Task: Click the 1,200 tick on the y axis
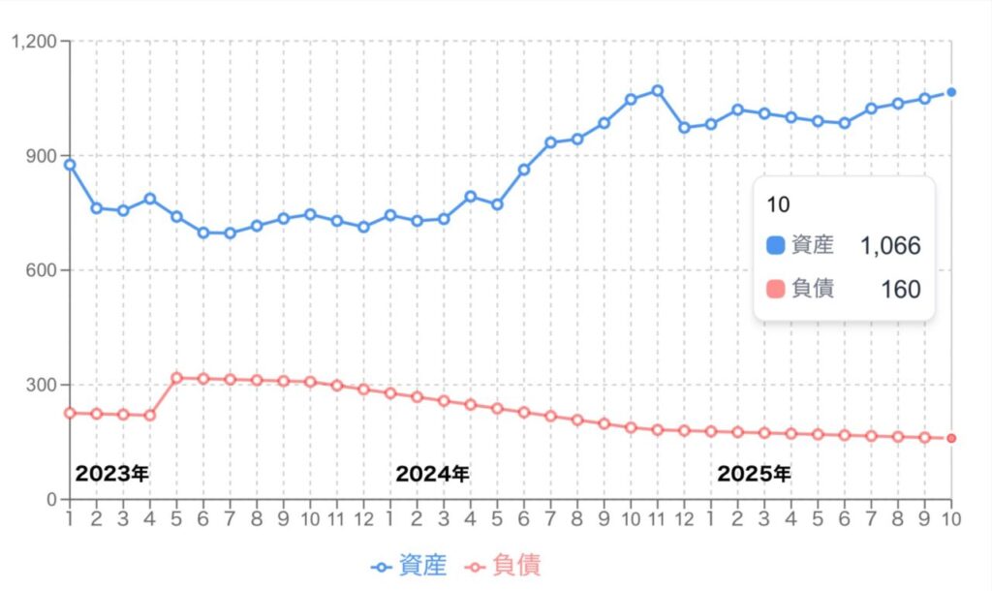pyautogui.click(x=34, y=42)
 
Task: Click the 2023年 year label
pyautogui.click(x=112, y=474)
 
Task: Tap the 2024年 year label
pyautogui.click(x=432, y=474)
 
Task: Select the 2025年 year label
pyautogui.click(x=754, y=474)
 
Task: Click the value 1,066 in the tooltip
pyautogui.click(x=890, y=246)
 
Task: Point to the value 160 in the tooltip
pyautogui.click(x=901, y=289)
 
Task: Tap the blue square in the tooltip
pyautogui.click(x=774, y=246)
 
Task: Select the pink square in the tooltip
pyautogui.click(x=774, y=289)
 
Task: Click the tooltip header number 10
pyautogui.click(x=776, y=204)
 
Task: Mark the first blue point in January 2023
pyautogui.click(x=70, y=165)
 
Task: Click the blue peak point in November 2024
pyautogui.click(x=657, y=91)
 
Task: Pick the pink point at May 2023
pyautogui.click(x=176, y=378)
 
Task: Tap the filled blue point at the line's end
pyautogui.click(x=951, y=92)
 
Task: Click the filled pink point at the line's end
pyautogui.click(x=951, y=438)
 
